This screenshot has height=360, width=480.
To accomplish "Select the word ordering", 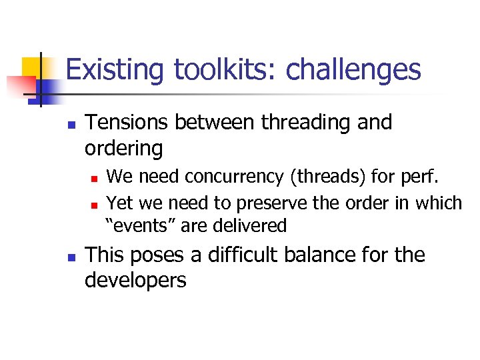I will click(x=123, y=147).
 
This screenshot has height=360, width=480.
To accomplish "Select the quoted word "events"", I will click(x=141, y=225).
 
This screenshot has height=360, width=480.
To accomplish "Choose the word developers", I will click(x=135, y=279).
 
